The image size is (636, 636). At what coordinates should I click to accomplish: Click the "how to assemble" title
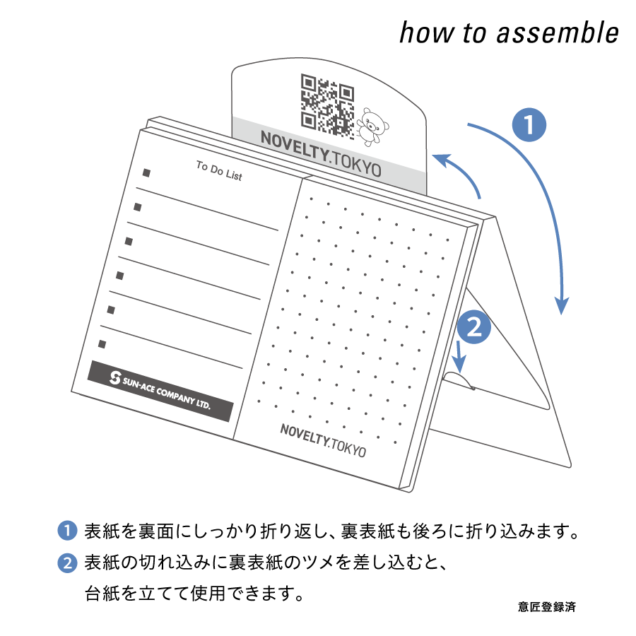point(509,33)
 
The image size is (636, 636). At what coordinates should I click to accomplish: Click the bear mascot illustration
point(372,127)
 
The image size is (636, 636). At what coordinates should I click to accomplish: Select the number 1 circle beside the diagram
point(529,124)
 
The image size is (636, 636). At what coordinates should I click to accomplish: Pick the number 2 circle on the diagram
point(474,327)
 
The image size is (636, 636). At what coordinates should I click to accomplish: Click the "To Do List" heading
point(219,171)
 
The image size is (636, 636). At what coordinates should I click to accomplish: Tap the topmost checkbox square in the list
point(146,173)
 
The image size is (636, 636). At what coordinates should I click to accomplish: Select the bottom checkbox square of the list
point(102,344)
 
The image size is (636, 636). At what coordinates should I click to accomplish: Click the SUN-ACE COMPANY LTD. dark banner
point(160,391)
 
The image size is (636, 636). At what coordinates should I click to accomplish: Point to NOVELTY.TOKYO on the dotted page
point(323,440)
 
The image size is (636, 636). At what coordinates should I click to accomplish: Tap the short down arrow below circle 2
point(459,357)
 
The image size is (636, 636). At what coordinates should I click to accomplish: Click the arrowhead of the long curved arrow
point(562,305)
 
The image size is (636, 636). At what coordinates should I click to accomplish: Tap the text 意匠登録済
point(547,607)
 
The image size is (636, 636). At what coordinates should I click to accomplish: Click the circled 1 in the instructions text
point(67,531)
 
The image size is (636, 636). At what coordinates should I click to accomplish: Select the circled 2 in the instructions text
point(67,563)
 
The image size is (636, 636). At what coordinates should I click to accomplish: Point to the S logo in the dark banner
point(115,377)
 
